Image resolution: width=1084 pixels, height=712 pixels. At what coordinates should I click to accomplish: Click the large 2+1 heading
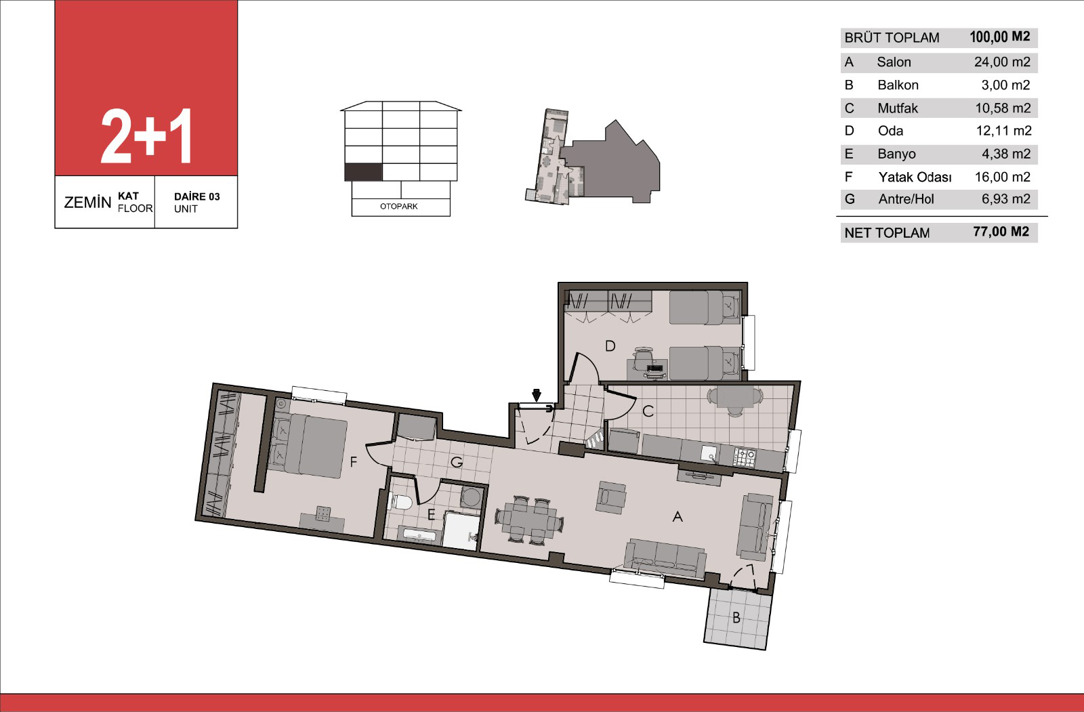coord(146,136)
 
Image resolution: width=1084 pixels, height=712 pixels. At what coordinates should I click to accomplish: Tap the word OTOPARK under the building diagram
coord(399,206)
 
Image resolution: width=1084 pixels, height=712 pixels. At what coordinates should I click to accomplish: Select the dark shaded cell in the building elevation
coord(363,172)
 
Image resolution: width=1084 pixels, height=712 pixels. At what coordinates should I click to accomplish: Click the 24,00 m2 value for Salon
coord(1002,62)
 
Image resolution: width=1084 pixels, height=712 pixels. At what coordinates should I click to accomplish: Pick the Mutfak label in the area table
coord(898,108)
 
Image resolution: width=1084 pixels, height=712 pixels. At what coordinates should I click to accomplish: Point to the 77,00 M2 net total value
coord(1001,232)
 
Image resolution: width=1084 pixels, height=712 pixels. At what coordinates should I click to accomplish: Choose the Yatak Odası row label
coord(915,177)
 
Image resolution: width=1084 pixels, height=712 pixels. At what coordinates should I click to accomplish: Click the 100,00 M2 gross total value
coord(1000,37)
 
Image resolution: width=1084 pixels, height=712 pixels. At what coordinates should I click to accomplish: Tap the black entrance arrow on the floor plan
coord(536,395)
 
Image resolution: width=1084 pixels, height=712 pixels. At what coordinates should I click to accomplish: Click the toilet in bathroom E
coord(400,502)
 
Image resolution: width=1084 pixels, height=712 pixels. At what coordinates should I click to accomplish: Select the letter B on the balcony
coord(736,618)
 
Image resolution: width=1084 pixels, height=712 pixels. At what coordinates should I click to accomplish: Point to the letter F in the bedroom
coord(353,462)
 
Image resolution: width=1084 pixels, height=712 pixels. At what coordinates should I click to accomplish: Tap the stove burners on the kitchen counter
coord(745,457)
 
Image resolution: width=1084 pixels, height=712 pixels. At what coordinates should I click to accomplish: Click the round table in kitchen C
coord(734,400)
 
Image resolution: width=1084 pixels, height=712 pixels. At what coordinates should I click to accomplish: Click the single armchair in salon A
coord(610,497)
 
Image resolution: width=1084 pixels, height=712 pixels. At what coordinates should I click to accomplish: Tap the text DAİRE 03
coord(197,196)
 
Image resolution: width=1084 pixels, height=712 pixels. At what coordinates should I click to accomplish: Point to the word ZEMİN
coord(87,203)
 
